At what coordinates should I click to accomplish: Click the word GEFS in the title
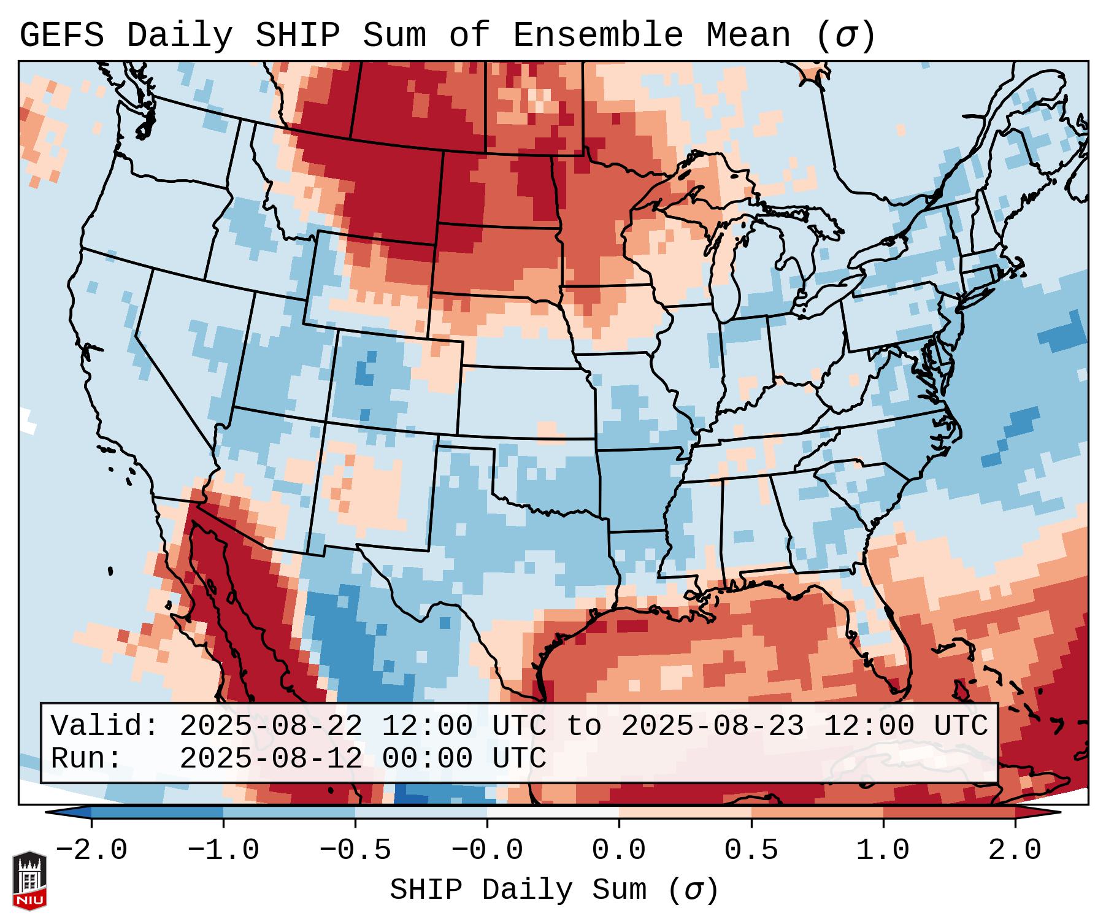(61, 36)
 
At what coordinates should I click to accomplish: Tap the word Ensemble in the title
(597, 36)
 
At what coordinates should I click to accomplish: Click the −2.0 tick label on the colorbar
(91, 850)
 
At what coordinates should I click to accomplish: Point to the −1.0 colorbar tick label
(223, 850)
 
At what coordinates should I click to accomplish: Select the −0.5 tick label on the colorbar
(355, 850)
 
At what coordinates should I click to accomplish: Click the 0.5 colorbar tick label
(751, 850)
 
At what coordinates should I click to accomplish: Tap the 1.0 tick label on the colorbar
(883, 850)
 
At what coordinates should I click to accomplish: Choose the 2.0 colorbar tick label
(1015, 850)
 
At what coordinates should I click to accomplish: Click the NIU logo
(29, 880)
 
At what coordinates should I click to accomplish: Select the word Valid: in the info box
(105, 726)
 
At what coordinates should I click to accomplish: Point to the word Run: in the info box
(86, 758)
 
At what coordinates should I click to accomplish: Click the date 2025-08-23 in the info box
(712, 726)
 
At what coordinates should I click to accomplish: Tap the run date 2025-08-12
(271, 758)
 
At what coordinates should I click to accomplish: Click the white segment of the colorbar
(553, 812)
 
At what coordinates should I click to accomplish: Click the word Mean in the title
(748, 36)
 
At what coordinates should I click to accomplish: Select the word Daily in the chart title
(179, 36)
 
